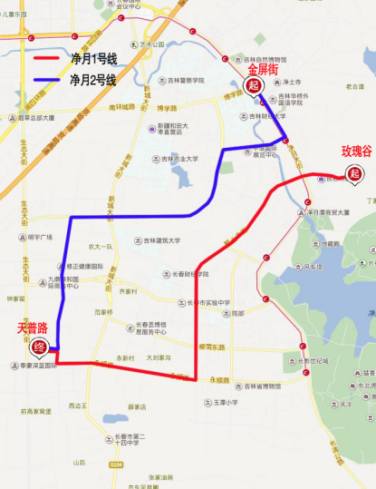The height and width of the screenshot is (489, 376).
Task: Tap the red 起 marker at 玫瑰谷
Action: pyautogui.click(x=354, y=173)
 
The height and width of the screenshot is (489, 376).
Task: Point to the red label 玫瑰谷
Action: pyautogui.click(x=355, y=151)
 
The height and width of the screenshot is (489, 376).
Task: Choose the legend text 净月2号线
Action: pyautogui.click(x=92, y=81)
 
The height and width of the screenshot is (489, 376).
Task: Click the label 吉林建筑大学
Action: pyautogui.click(x=161, y=240)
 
